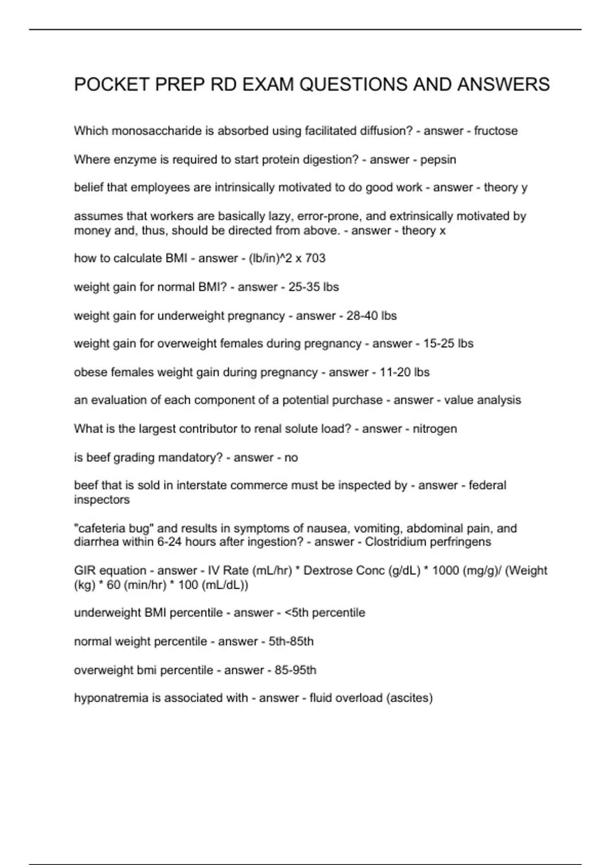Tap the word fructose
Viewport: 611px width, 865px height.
495,131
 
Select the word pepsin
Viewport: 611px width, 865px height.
438,160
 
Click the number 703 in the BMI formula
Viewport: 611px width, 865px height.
315,258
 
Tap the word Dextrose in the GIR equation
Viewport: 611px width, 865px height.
325,570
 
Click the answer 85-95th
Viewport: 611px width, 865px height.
295,670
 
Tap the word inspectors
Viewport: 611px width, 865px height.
102,500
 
